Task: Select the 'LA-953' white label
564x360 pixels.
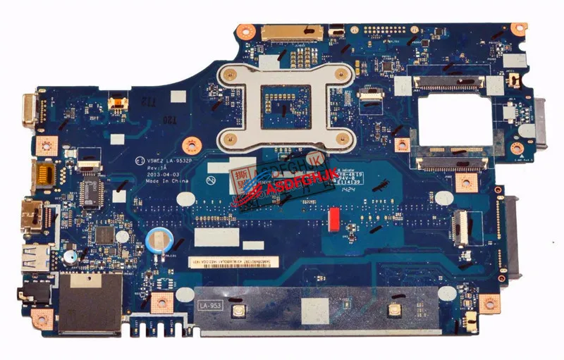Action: point(210,306)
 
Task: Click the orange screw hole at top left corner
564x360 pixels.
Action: point(245,30)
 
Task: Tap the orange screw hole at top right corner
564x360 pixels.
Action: point(519,29)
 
